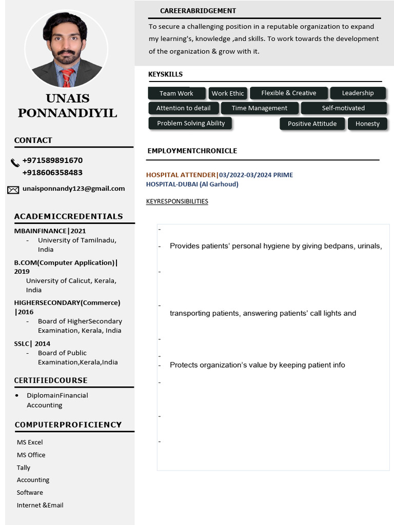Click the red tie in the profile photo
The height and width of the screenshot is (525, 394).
pyautogui.click(x=67, y=78)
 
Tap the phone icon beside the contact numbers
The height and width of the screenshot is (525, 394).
pyautogui.click(x=15, y=163)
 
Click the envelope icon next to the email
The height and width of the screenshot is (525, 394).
pyautogui.click(x=13, y=190)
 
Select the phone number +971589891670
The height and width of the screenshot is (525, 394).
pyautogui.click(x=52, y=160)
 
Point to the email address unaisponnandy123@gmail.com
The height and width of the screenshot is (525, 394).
pyautogui.click(x=73, y=189)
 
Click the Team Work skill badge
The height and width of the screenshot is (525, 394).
pyautogui.click(x=176, y=93)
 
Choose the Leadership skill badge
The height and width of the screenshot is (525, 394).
pyautogui.click(x=358, y=93)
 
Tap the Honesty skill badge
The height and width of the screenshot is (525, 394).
pyautogui.click(x=367, y=124)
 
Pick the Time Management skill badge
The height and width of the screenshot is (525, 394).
pyautogui.click(x=259, y=108)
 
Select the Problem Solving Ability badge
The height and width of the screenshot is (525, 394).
pyautogui.click(x=191, y=123)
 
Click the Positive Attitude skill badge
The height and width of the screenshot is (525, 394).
pyautogui.click(x=312, y=124)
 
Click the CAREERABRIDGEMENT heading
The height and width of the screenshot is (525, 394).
pyautogui.click(x=198, y=11)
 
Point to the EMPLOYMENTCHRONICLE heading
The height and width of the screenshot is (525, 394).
pyautogui.click(x=192, y=151)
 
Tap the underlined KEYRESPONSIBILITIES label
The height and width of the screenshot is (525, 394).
pyautogui.click(x=177, y=201)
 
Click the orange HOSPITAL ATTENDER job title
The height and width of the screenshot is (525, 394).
pyautogui.click(x=181, y=175)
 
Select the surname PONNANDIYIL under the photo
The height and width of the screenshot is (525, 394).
pyautogui.click(x=67, y=113)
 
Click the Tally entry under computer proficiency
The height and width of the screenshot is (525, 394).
pyautogui.click(x=24, y=468)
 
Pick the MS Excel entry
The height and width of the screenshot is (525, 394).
pyautogui.click(x=30, y=442)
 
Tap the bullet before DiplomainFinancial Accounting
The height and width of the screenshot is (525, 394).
pyautogui.click(x=17, y=395)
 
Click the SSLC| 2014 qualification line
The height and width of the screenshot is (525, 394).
pyautogui.click(x=32, y=344)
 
